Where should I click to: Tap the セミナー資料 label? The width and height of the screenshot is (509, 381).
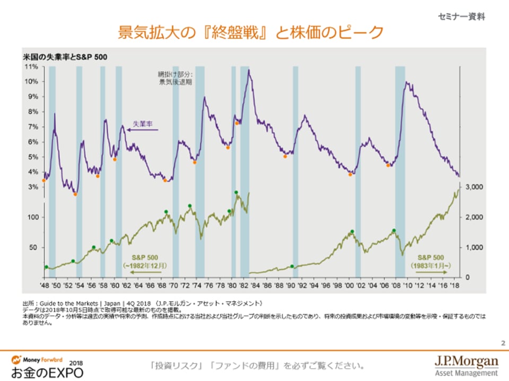coord(461,16)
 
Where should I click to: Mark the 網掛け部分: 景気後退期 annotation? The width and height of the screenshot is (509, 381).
coord(175,78)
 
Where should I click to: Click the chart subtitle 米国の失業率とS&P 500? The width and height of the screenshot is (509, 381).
coord(64,56)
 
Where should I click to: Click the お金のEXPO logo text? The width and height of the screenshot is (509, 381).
coord(48,372)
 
